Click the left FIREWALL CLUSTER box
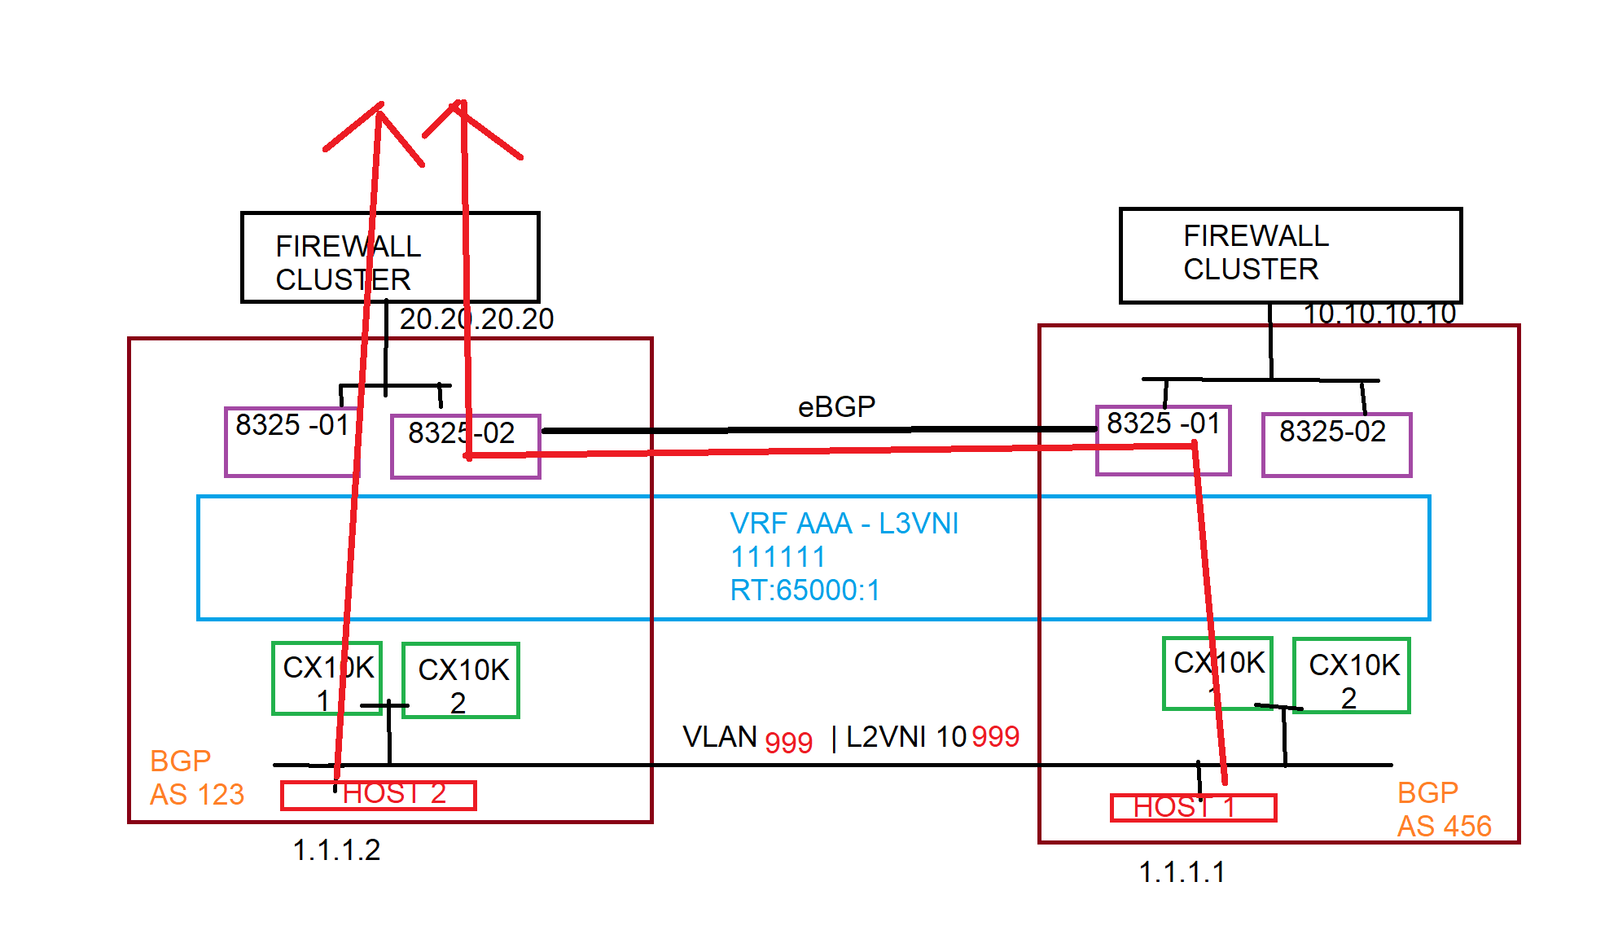390,257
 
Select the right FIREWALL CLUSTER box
1290,255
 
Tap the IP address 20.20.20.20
476,318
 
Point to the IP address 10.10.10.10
1379,314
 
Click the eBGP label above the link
836,406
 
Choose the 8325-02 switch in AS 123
465,446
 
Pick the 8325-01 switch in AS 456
1163,440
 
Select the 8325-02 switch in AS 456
1336,445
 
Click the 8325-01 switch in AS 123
292,441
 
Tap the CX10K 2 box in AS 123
461,681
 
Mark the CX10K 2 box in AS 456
1352,676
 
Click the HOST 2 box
379,795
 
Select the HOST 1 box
1193,808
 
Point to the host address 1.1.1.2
336,850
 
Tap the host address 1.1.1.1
1182,872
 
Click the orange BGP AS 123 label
196,778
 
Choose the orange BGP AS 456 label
1444,810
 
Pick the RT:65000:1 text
805,590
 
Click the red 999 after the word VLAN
788,743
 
